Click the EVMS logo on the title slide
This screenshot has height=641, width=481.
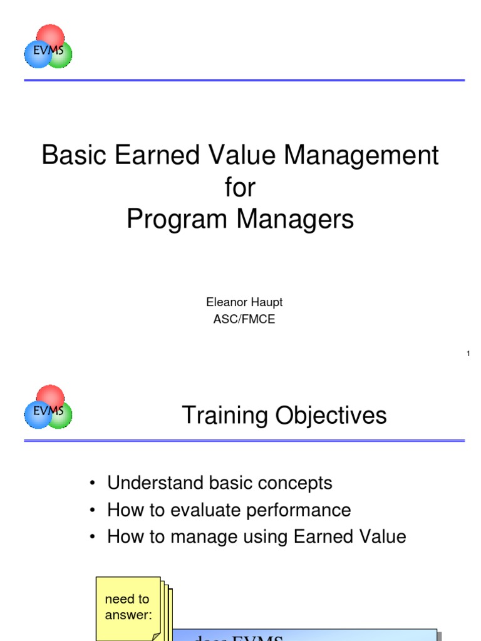click(48, 47)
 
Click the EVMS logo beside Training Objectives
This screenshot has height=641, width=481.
click(48, 407)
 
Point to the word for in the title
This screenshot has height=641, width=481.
click(240, 187)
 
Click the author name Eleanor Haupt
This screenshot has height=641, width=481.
click(244, 302)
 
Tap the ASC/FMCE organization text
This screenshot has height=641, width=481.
click(244, 319)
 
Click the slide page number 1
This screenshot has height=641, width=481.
click(468, 355)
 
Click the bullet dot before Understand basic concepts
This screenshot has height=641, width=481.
click(92, 484)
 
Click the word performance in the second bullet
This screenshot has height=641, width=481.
click(300, 510)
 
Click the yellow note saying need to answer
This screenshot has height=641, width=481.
click(128, 606)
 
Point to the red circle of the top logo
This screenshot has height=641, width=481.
click(50, 35)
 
